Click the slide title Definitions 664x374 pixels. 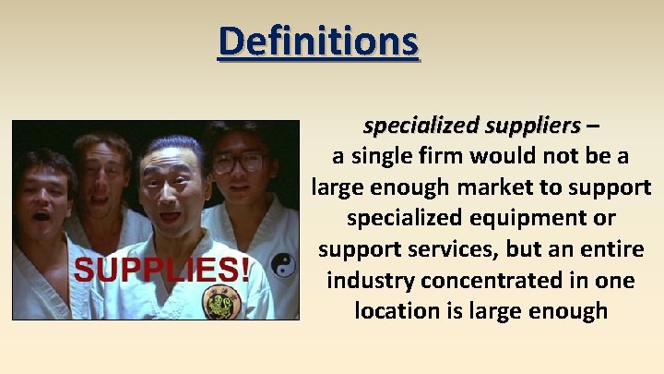tap(318, 41)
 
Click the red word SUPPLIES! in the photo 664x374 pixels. tap(161, 270)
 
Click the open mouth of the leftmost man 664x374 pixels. tap(41, 216)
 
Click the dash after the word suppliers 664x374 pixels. tap(590, 125)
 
